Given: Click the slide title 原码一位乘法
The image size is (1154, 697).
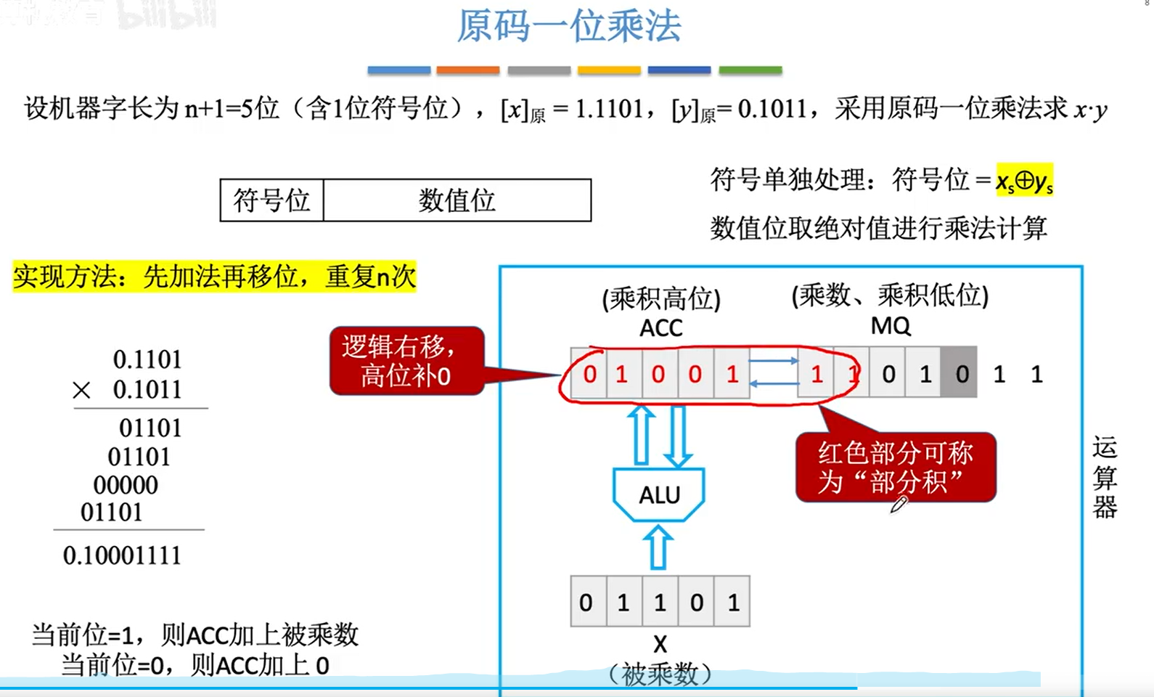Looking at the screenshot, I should pos(568,26).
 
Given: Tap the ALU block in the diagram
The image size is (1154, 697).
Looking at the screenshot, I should pos(659,494).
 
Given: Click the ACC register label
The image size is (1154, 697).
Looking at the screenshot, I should pos(660,328).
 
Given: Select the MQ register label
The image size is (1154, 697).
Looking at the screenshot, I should pos(891,325).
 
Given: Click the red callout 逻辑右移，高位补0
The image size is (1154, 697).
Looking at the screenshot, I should pos(406,361).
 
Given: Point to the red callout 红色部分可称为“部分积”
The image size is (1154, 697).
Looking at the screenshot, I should pos(895,467).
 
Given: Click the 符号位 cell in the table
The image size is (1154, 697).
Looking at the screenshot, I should pos(271,200).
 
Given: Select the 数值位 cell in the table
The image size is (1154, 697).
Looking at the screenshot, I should pos(457,200).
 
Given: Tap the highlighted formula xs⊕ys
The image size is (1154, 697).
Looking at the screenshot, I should pos(1024,179).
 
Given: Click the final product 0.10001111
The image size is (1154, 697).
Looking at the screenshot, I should pos(122,555).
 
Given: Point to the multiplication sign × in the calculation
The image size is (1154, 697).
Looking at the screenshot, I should pos(81,391).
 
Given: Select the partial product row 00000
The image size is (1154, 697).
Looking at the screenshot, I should pos(126,485).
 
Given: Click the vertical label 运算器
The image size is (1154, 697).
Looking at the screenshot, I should pos(1104,477).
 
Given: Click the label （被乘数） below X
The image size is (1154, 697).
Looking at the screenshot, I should pos(660,674).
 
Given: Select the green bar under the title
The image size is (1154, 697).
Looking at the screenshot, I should pos(750,70).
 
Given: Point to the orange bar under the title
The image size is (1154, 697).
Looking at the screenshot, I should pos(467,70).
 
